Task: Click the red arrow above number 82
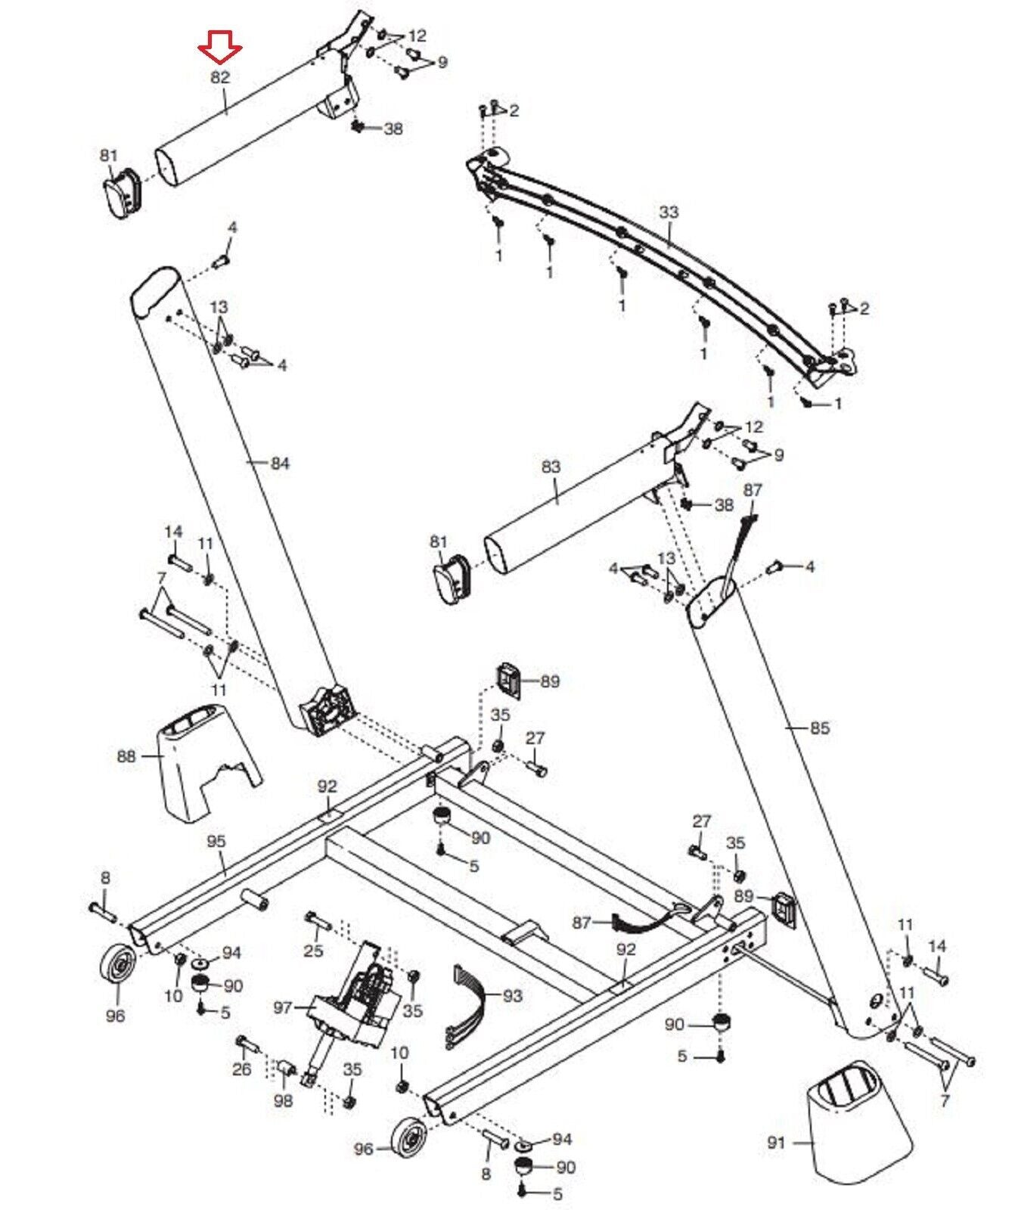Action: (219, 52)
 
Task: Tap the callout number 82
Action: (220, 77)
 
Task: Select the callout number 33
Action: (669, 213)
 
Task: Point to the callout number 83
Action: (551, 467)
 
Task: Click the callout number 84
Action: (280, 463)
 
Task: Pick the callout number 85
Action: (820, 728)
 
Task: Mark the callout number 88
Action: (127, 755)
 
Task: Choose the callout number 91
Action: (777, 1142)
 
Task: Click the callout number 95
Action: (216, 841)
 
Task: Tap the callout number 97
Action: (283, 1007)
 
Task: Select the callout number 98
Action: (283, 1100)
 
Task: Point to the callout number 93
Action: (512, 995)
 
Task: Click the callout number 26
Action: (242, 1070)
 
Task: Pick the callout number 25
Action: (313, 951)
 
